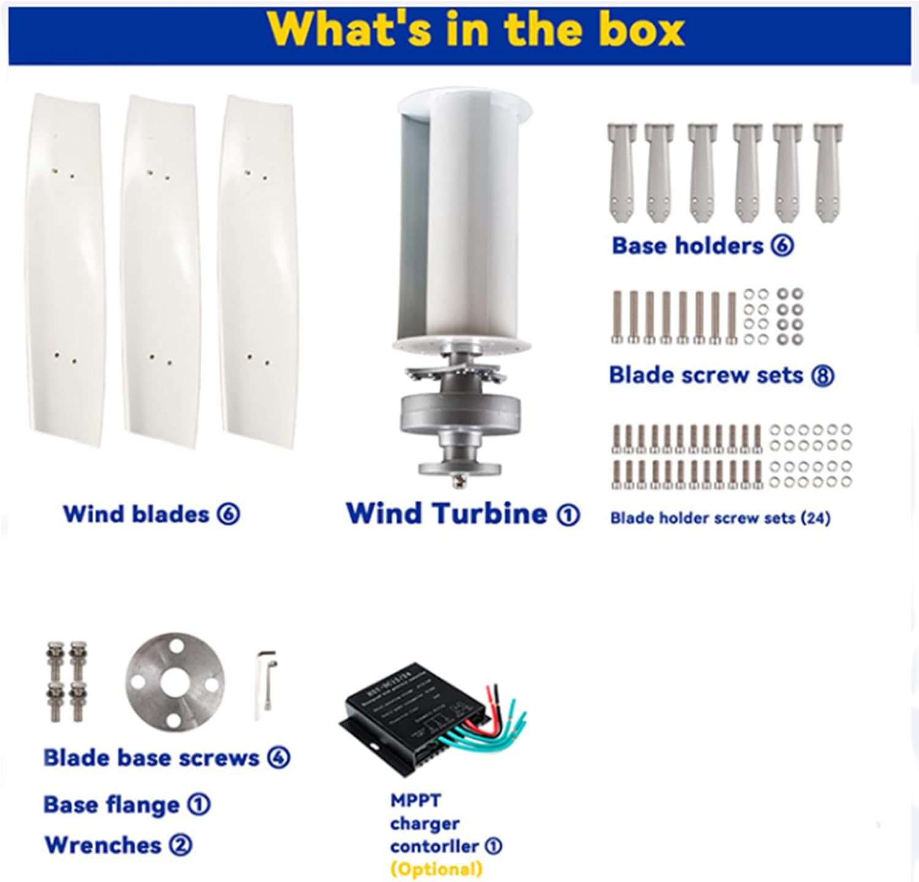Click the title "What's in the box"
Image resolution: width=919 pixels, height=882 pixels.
click(x=475, y=29)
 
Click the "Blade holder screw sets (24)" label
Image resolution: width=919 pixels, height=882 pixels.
click(x=720, y=519)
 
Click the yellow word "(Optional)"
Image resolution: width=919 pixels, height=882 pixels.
click(x=436, y=869)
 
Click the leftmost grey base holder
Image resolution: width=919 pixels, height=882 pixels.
click(x=621, y=172)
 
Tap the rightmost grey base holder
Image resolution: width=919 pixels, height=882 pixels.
click(x=827, y=172)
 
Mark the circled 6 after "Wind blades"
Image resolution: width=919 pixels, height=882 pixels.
click(x=228, y=514)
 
